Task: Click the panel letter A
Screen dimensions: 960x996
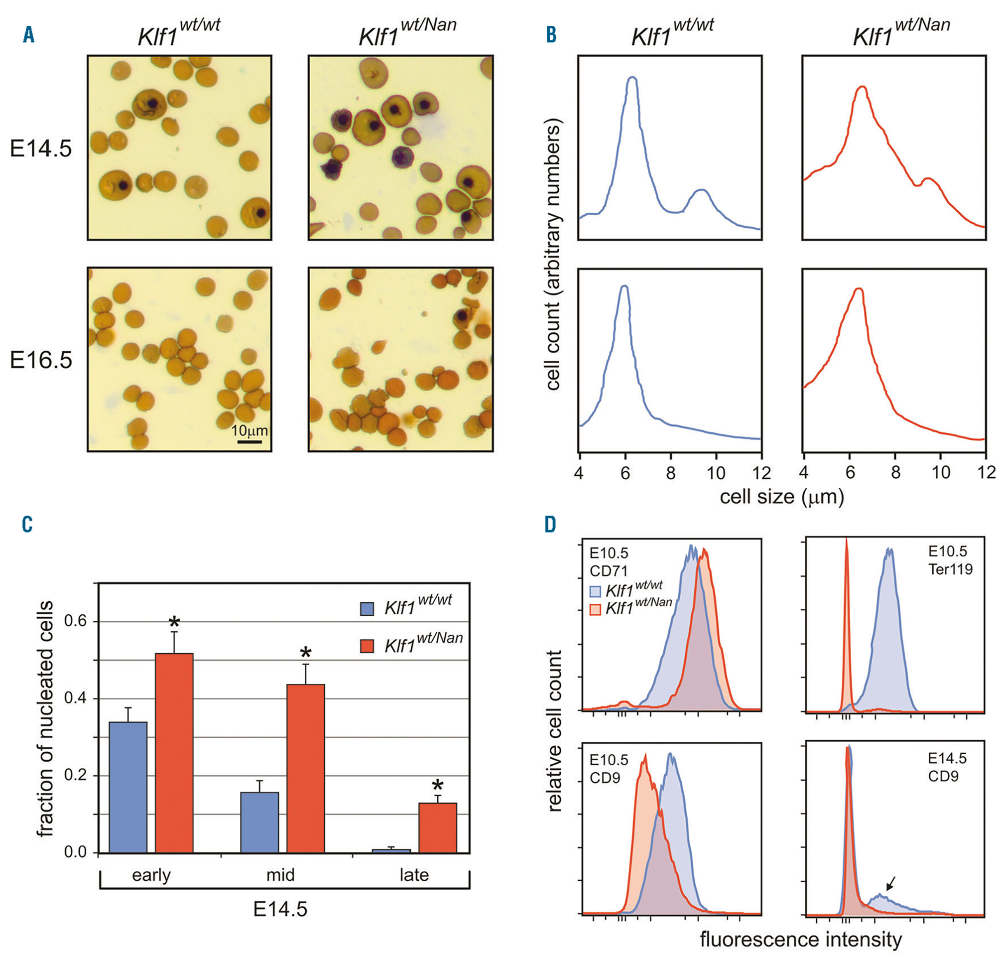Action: click(29, 35)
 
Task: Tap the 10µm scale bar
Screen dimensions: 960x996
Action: click(249, 442)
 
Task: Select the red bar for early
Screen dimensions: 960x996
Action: click(174, 753)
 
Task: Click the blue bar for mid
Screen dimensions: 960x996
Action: click(259, 822)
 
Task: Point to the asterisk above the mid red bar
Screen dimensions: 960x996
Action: click(305, 653)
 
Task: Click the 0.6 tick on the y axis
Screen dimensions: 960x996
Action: click(76, 621)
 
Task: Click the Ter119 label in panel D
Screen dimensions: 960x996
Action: click(950, 569)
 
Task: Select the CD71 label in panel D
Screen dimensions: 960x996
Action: click(608, 570)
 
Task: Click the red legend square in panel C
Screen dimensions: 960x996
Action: click(367, 646)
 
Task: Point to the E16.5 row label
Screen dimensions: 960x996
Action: click(41, 360)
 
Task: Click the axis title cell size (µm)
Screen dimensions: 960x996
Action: click(781, 496)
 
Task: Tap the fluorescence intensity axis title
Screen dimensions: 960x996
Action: click(800, 939)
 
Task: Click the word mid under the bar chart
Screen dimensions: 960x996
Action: click(280, 875)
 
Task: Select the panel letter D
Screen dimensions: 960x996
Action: click(550, 524)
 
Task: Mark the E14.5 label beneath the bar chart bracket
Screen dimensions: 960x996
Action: click(280, 909)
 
